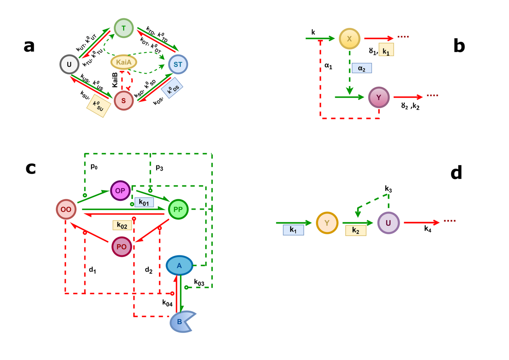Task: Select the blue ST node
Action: click(178, 64)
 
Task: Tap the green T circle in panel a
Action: click(123, 28)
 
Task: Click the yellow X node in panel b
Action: click(350, 39)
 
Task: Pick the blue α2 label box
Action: click(361, 68)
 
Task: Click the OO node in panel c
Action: click(66, 209)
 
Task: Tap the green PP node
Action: click(179, 209)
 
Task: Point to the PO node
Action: click(122, 247)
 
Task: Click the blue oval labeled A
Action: click(179, 266)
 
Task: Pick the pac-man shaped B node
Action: click(181, 321)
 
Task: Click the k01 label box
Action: click(144, 202)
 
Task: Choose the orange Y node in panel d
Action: click(327, 223)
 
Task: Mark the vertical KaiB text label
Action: click(115, 79)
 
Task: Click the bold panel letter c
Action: click(31, 168)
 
